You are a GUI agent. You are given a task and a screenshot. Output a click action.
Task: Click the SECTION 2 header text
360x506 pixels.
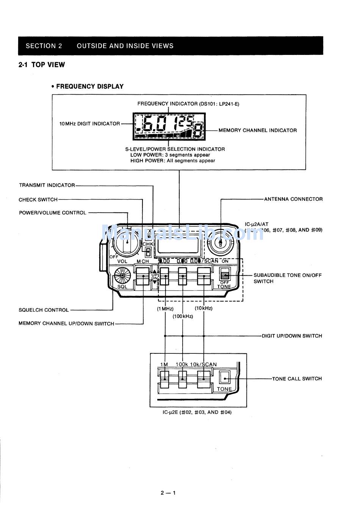pos(44,46)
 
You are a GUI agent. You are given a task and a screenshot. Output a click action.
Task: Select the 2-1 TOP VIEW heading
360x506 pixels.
pos(42,65)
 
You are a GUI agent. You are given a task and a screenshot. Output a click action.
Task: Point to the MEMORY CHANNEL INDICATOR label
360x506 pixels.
pos(257,130)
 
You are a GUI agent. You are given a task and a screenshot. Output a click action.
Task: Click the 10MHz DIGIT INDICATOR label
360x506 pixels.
pos(89,124)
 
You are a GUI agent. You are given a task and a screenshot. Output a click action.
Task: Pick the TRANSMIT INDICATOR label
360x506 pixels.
pos(47,185)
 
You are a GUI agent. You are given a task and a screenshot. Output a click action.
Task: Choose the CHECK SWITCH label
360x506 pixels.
pos(38,200)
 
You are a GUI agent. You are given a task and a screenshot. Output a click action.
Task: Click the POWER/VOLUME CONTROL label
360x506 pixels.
pos(53,213)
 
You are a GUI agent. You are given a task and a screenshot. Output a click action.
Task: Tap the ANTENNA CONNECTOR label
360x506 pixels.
pos(293,199)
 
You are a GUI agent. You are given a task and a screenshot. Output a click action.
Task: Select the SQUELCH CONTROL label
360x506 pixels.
pos(44,310)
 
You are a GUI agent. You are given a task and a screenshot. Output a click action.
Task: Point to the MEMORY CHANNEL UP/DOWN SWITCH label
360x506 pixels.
pos(66,323)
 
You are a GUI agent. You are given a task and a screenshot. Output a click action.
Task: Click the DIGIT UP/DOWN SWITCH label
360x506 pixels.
pos(292,336)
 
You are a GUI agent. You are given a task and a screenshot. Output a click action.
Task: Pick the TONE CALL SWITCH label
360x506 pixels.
pos(297,378)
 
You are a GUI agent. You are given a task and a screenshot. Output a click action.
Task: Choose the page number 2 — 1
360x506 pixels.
pos(168,493)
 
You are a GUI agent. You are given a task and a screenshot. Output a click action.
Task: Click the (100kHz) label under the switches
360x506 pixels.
pos(183,316)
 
